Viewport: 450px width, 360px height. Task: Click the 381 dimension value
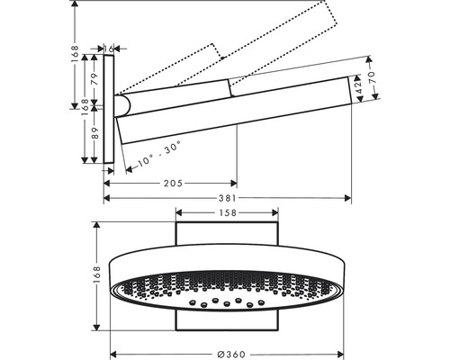(x=228, y=198)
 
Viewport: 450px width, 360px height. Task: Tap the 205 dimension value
(x=173, y=184)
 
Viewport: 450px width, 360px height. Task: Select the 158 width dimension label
(x=228, y=213)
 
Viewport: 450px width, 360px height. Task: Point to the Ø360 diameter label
(x=231, y=355)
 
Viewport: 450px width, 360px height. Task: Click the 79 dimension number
(x=94, y=79)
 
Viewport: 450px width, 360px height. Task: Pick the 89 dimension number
(x=94, y=133)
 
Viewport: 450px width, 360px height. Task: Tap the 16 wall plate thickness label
(x=109, y=49)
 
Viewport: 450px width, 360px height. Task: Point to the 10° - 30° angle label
(x=159, y=153)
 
